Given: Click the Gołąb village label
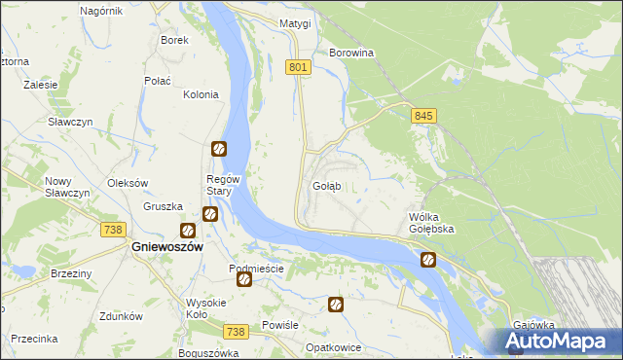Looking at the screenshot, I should tap(326, 186).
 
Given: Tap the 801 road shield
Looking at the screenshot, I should tap(299, 67).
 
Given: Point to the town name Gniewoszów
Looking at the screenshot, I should tap(166, 248).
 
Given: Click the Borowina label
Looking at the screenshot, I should tap(352, 53).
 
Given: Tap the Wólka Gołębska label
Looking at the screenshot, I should tap(431, 223).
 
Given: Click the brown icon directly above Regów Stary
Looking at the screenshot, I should tap(219, 149).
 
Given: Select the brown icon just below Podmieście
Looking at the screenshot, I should tap(244, 280).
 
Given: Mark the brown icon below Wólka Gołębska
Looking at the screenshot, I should tap(427, 260).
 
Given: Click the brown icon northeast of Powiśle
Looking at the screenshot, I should tap(336, 305).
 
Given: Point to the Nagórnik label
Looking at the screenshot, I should tap(101, 11).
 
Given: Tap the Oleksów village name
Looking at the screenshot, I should tap(127, 183).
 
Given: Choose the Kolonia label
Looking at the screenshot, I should tap(201, 94).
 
